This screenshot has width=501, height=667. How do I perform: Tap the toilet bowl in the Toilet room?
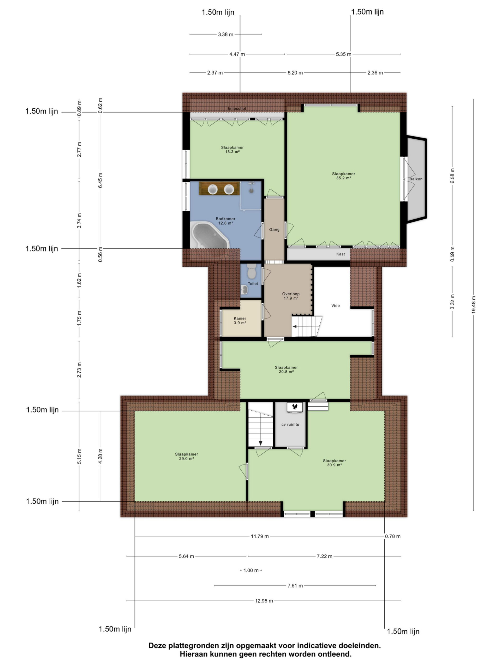[251, 271]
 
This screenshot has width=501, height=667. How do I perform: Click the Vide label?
[336, 305]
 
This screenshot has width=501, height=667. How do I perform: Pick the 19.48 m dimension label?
[473, 305]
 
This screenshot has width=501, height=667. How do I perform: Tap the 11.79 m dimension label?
[259, 536]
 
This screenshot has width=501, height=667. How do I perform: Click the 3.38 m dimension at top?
[226, 34]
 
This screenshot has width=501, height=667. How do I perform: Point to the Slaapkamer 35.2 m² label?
[343, 176]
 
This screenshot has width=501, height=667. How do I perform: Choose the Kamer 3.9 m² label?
[240, 320]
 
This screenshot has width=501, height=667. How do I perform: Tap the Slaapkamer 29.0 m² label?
[186, 456]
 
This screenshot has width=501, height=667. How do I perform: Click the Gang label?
[274, 230]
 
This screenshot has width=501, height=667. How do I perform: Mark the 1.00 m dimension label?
[251, 570]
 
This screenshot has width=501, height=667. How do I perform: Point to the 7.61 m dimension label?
[295, 586]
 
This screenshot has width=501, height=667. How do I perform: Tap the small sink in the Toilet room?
[244, 290]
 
